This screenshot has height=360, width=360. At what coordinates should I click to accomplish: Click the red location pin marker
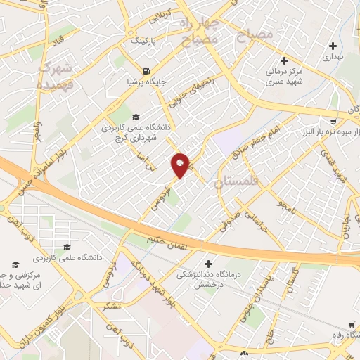(x=181, y=165)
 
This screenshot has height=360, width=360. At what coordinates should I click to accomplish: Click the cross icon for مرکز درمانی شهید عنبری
(x=283, y=60)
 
